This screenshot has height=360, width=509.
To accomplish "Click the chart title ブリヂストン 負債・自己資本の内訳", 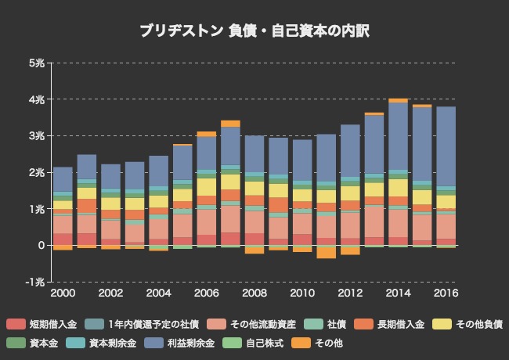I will coord(254,31).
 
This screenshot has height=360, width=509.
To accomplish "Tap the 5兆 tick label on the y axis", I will coord(35,63).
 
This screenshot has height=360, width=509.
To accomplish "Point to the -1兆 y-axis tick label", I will coord(34,282).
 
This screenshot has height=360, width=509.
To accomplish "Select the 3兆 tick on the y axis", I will coord(35,135).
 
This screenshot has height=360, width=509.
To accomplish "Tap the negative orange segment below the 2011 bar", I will coord(327,253).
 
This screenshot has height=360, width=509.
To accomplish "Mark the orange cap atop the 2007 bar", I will coord(230,124).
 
